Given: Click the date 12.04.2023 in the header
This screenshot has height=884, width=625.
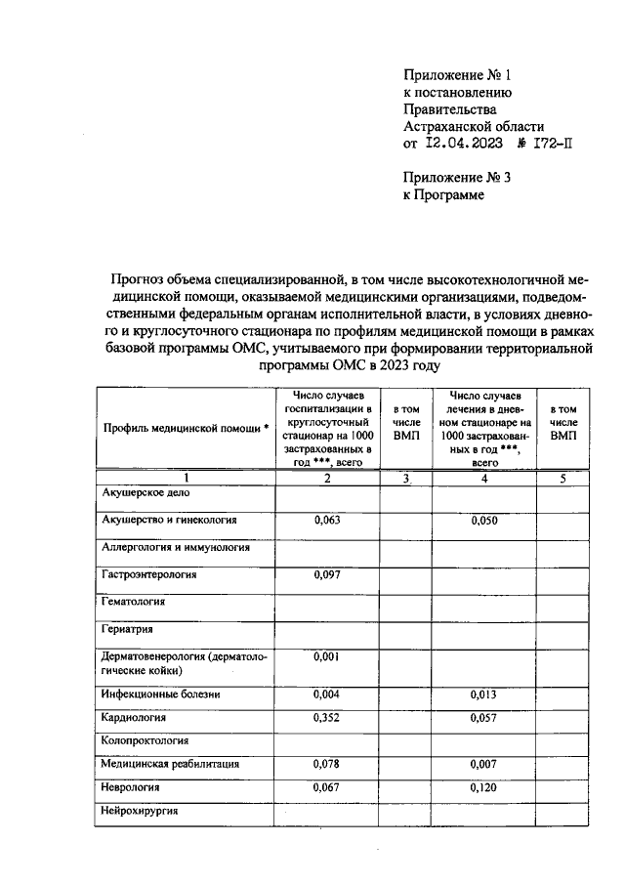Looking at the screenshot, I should click(465, 143).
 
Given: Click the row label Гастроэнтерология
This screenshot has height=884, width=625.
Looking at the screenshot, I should click(148, 574).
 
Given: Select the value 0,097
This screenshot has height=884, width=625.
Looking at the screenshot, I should click(327, 574).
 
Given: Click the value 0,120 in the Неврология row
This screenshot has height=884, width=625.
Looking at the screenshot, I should click(483, 786).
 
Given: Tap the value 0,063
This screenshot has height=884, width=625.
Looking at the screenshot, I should click(327, 521).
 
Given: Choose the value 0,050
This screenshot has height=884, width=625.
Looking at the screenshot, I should click(483, 521).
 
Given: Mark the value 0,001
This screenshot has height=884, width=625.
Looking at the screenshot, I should click(327, 656).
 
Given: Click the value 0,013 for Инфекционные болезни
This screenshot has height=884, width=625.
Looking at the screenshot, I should click(483, 695).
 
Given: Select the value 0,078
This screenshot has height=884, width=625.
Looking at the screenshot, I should click(327, 763).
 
